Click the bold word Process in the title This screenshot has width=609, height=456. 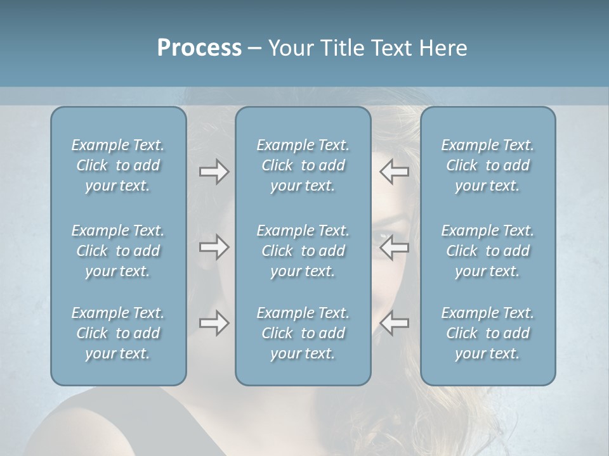[199, 48]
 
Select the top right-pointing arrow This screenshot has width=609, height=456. [214, 172]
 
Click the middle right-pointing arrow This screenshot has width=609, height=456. [214, 247]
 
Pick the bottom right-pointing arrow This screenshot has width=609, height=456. [214, 323]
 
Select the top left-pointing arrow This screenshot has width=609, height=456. [394, 172]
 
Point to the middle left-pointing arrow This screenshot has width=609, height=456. [394, 247]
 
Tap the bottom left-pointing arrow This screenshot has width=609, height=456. [394, 323]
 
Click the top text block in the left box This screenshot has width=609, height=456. [118, 165]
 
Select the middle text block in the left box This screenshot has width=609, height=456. [118, 251]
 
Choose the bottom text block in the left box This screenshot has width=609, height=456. [118, 333]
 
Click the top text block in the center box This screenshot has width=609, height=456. [303, 165]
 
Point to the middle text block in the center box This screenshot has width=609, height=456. [303, 251]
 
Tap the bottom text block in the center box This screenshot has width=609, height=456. [303, 333]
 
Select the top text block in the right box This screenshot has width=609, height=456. [488, 165]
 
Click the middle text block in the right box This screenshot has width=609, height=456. [488, 251]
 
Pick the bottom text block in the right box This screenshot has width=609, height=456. [488, 333]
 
